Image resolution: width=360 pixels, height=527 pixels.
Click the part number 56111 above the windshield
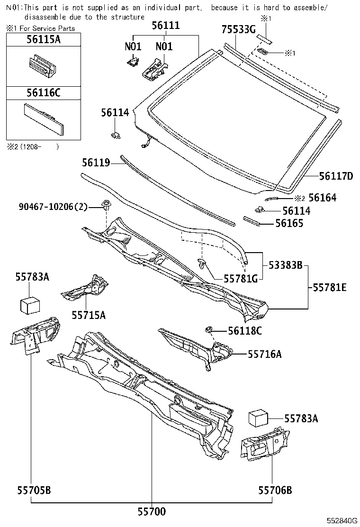[x=165, y=26]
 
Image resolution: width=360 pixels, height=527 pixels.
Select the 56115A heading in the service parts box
[x=43, y=39]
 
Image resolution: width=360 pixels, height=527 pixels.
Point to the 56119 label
[x=95, y=163]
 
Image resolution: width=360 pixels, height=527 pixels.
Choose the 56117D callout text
[x=336, y=176]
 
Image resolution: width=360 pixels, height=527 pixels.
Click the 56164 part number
[x=323, y=198]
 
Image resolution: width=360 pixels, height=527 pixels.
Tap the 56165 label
[x=289, y=223]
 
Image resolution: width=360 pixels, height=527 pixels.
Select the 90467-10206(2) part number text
[x=54, y=206]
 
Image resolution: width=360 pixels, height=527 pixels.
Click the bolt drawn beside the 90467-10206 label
[x=107, y=207]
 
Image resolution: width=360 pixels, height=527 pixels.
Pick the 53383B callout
[x=286, y=265]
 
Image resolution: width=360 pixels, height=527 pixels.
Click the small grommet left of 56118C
[x=208, y=329]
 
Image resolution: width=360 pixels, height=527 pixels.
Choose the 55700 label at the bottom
[x=152, y=511]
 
